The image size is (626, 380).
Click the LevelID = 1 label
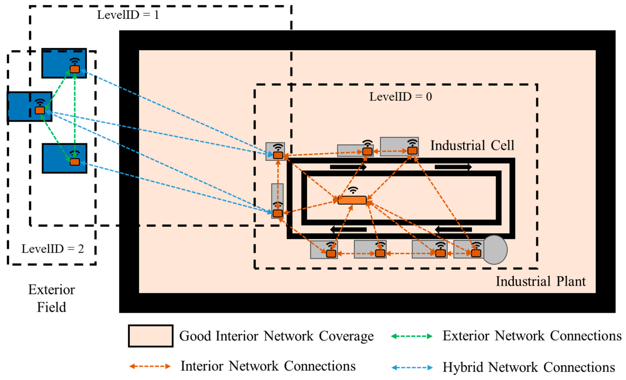[x=128, y=15]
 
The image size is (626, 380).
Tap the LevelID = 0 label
[x=400, y=97]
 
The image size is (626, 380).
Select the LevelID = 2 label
[x=53, y=249]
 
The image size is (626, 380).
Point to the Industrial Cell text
[x=472, y=145]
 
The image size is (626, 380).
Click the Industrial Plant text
[x=541, y=281]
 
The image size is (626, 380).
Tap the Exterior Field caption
[x=52, y=298]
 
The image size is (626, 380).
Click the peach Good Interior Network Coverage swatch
[x=151, y=336]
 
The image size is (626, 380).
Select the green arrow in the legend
[x=412, y=336]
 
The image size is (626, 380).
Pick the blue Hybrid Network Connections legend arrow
[x=412, y=368]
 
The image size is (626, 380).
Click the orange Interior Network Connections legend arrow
[x=150, y=366]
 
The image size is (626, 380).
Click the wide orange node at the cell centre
[x=352, y=200]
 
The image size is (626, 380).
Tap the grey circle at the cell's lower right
[x=495, y=250]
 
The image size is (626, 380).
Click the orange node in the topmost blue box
[x=75, y=69]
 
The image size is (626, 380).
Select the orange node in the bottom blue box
[x=75, y=162]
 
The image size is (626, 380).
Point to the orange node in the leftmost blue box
[x=40, y=110]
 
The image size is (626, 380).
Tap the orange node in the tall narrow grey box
[x=278, y=213]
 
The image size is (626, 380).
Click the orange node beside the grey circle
[x=476, y=253]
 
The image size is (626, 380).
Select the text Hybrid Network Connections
[x=529, y=368]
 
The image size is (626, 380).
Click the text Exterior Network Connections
[x=532, y=336]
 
